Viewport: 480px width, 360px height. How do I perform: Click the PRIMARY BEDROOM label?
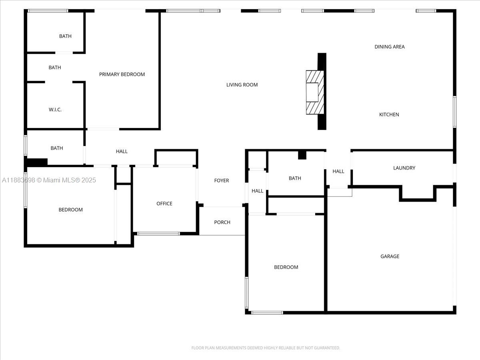pyautogui.click(x=122, y=74)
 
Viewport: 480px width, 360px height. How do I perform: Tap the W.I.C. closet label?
pyautogui.click(x=55, y=110)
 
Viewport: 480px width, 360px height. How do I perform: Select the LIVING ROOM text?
pyautogui.click(x=242, y=85)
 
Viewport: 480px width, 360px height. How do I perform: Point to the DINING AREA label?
pyautogui.click(x=389, y=47)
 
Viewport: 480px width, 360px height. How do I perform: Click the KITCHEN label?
pyautogui.click(x=389, y=115)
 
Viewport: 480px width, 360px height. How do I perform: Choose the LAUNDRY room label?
pyautogui.click(x=404, y=168)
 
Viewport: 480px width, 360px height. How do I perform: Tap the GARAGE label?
pyautogui.click(x=390, y=256)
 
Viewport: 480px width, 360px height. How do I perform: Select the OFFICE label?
pyautogui.click(x=164, y=204)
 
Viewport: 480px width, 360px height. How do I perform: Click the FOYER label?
pyautogui.click(x=221, y=181)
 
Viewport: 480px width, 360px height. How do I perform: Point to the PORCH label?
pyautogui.click(x=222, y=222)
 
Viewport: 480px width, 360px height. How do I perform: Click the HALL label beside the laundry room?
pyautogui.click(x=338, y=172)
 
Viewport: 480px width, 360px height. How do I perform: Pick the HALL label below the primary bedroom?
pyautogui.click(x=122, y=152)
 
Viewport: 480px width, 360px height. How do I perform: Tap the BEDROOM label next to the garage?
pyautogui.click(x=286, y=267)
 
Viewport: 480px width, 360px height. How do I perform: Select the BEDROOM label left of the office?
pyautogui.click(x=70, y=210)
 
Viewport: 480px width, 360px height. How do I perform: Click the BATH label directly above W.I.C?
pyautogui.click(x=55, y=68)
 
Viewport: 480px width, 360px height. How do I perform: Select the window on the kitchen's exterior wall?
pyautogui.click(x=454, y=112)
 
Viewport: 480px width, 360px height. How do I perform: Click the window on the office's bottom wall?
pyautogui.click(x=158, y=233)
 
